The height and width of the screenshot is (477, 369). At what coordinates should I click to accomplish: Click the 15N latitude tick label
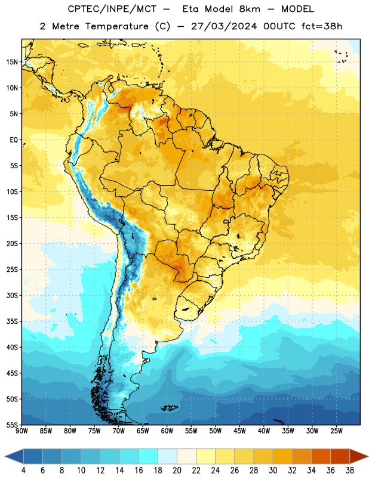(12, 62)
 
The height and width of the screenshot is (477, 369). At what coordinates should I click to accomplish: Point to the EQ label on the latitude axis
(14, 140)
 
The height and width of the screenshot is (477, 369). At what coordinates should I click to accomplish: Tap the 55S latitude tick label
(12, 425)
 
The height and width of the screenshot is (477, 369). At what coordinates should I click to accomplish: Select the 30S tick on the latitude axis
(12, 295)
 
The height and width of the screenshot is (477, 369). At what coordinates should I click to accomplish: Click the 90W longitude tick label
(22, 431)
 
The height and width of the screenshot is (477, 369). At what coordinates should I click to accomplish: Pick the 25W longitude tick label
(336, 431)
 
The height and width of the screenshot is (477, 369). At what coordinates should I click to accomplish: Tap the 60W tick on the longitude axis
(167, 431)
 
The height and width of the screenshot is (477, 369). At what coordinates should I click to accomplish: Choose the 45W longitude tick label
(239, 431)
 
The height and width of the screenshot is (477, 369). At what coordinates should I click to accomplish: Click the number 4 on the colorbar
(23, 470)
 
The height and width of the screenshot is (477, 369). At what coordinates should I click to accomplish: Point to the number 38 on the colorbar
(350, 470)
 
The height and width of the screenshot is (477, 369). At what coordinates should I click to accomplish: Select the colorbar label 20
(177, 470)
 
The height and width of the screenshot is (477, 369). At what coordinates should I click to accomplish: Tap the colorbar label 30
(273, 470)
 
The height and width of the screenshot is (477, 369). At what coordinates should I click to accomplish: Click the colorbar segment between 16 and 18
(149, 457)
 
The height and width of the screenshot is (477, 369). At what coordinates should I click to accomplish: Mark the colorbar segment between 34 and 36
(321, 457)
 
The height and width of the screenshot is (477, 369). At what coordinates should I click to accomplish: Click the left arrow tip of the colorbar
(5, 457)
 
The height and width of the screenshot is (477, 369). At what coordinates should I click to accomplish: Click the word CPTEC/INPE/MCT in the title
(112, 9)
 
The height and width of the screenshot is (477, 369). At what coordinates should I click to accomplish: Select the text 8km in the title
(250, 9)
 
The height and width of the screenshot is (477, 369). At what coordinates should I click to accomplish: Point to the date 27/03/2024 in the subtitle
(224, 26)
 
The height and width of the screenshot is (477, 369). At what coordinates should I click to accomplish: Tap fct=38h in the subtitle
(322, 26)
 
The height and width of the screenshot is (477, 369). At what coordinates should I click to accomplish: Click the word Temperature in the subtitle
(116, 27)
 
